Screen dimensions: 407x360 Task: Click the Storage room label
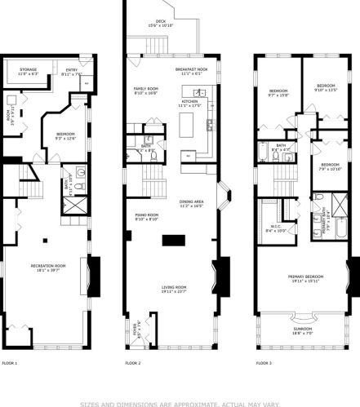29,71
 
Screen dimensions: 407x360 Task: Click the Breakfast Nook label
192,71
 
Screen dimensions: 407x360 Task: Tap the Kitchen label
190,102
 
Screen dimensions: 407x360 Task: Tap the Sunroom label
302,329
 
